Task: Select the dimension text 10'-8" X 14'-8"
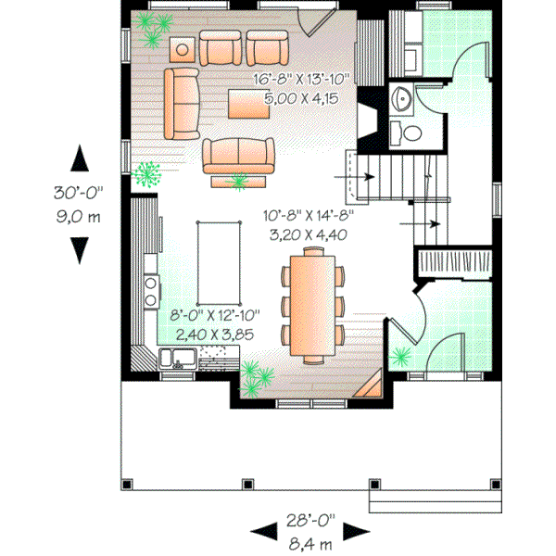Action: click(x=307, y=219)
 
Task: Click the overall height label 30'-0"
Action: click(x=79, y=194)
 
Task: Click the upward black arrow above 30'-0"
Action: click(x=79, y=158)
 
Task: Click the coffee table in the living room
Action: click(x=248, y=104)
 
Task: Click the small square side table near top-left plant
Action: click(x=183, y=48)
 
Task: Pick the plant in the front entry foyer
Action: click(x=401, y=355)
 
